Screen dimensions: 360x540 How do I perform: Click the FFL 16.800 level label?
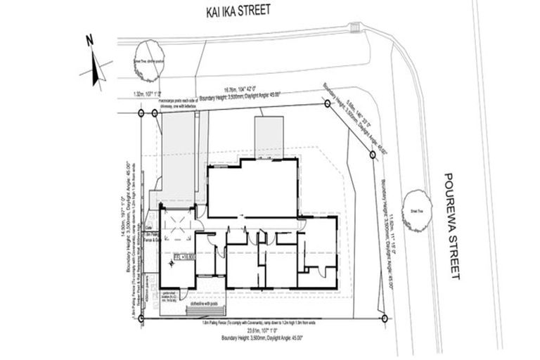184,259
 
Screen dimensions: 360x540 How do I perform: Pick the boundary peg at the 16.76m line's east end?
328,103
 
